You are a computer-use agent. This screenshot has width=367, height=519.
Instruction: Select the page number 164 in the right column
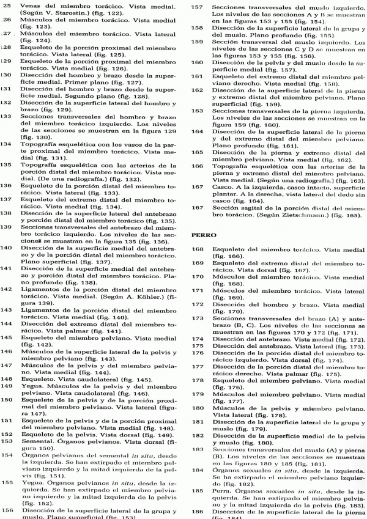pos(198,131)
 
